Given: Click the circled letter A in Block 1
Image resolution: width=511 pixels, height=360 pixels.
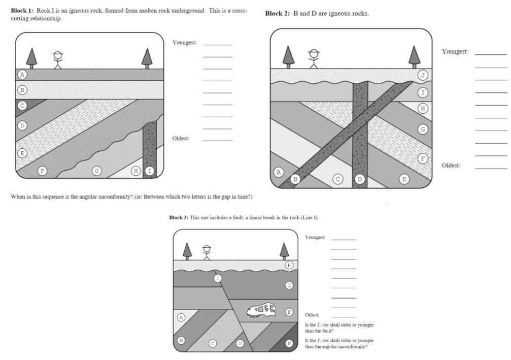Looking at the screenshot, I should (22, 74).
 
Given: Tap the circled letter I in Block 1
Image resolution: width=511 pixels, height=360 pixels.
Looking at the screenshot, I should (149, 171).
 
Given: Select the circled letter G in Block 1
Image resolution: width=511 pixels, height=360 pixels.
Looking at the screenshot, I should (96, 171).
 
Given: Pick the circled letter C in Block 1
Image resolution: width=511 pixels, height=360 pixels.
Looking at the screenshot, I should (22, 106).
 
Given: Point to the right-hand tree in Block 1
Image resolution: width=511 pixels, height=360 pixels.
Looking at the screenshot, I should (147, 57).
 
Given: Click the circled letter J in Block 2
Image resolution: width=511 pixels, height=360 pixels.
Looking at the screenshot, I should (422, 75).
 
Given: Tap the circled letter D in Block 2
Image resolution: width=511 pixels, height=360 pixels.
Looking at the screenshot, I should (360, 179).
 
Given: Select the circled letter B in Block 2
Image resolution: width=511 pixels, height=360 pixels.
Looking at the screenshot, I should (296, 179).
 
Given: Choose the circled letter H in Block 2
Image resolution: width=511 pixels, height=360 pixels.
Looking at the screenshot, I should (422, 108).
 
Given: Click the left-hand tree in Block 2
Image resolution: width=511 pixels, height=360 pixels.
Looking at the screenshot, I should (288, 56).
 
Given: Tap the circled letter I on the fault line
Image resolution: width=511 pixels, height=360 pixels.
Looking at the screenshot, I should (218, 278).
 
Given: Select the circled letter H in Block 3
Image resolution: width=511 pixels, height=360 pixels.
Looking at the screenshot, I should (289, 265).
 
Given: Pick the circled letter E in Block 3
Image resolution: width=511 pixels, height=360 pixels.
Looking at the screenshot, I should (289, 344).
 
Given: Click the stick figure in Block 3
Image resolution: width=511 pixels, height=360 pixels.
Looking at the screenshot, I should (206, 251).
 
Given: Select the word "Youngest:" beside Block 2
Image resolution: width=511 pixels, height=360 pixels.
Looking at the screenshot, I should (455, 52).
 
